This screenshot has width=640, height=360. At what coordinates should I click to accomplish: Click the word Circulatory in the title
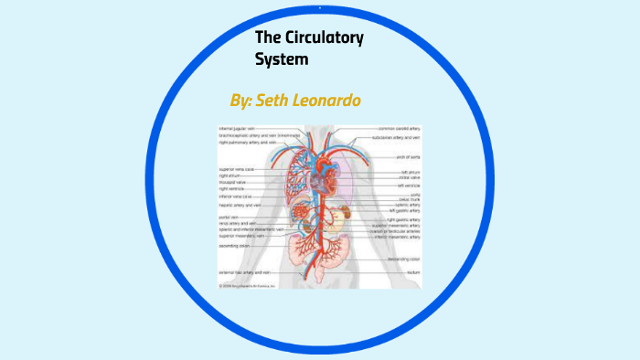(325, 38)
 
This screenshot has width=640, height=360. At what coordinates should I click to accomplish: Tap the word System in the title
(283, 60)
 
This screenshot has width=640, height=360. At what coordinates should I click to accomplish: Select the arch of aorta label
(408, 157)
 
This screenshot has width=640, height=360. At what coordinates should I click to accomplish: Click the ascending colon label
(237, 246)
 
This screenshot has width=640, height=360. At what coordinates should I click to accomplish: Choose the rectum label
(412, 272)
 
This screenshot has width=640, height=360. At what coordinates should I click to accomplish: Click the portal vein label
(229, 217)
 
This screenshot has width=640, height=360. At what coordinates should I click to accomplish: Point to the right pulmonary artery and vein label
(248, 143)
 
